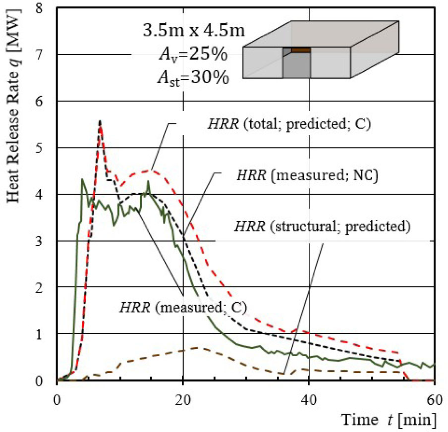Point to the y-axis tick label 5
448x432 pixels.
pyautogui.click(x=45, y=148)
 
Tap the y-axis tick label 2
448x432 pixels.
pyautogui.click(x=45, y=287)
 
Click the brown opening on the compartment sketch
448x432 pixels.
pyautogui.click(x=300, y=50)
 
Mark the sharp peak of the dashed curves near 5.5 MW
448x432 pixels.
pyautogui.click(x=100, y=122)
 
